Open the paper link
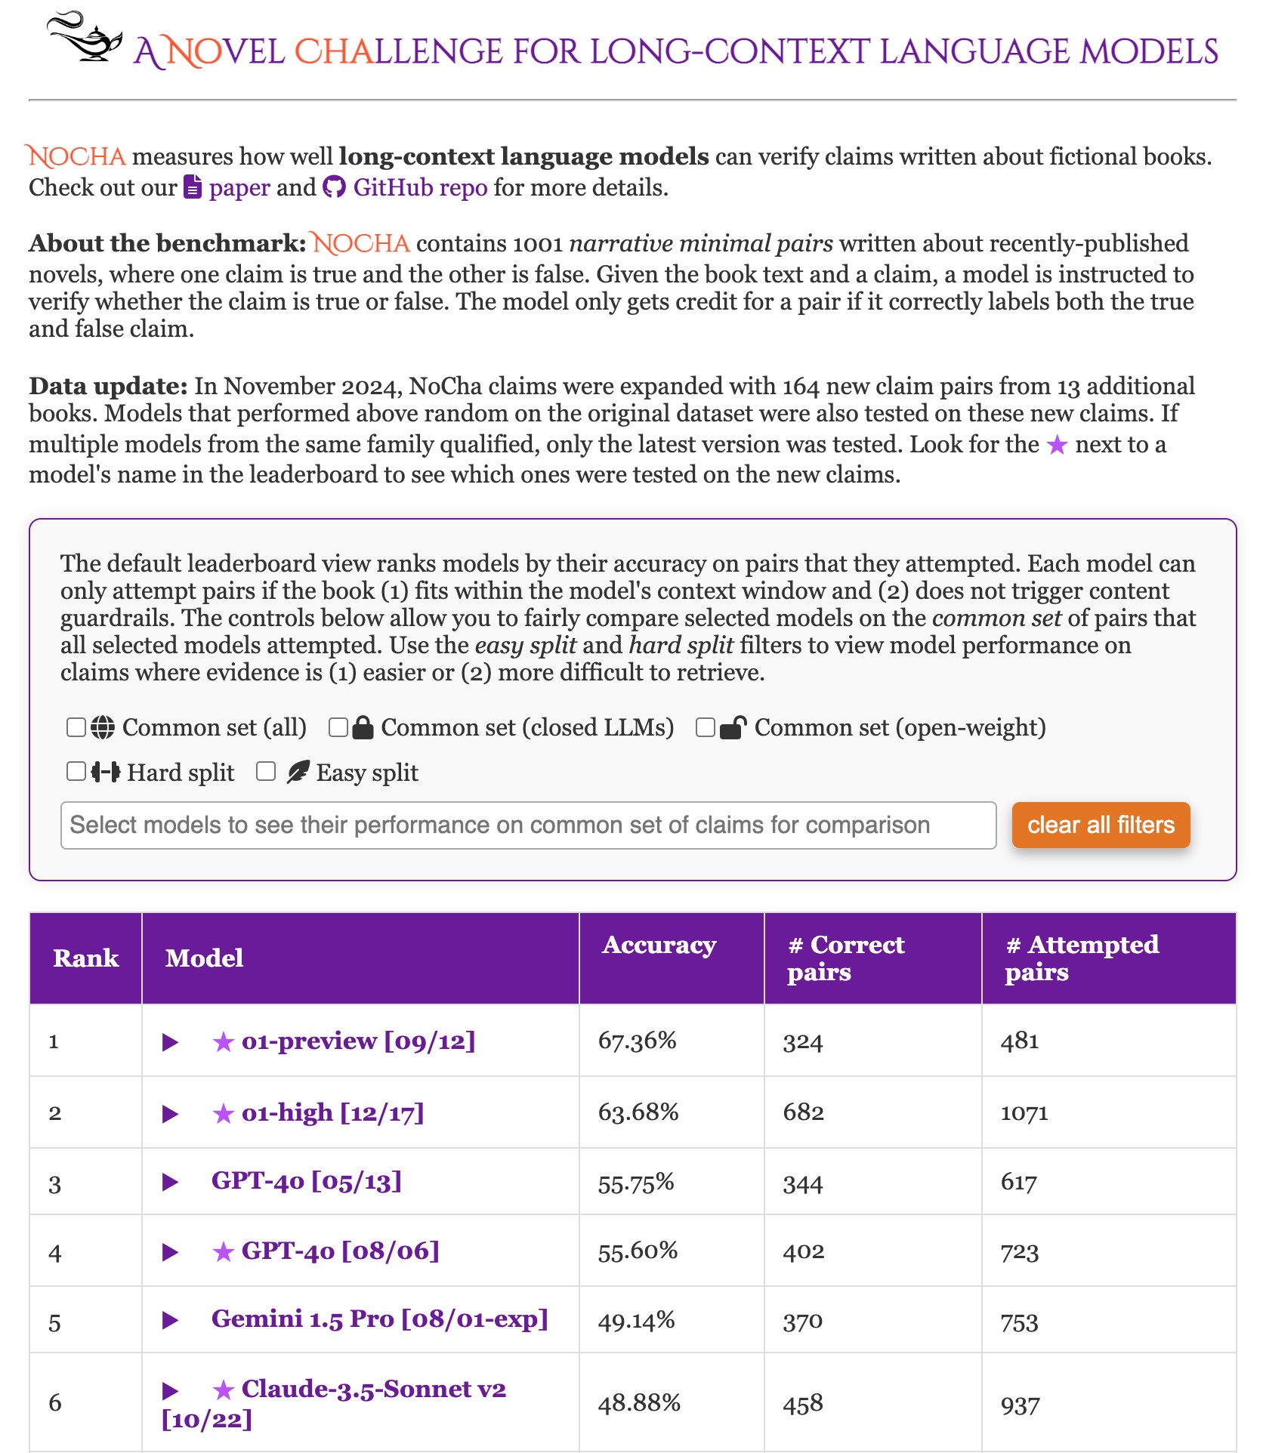(x=239, y=187)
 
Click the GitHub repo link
(x=420, y=187)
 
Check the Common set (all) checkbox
(x=76, y=727)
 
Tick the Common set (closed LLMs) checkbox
(x=338, y=727)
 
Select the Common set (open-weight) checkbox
(x=706, y=727)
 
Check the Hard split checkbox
(x=76, y=771)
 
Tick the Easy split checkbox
(x=266, y=771)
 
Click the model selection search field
(x=528, y=825)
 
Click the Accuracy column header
(x=659, y=946)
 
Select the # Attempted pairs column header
(x=1082, y=958)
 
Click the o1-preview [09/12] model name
(x=358, y=1041)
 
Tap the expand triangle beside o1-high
(x=171, y=1114)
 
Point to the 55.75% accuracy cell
(x=636, y=1183)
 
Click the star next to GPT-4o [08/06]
(x=223, y=1253)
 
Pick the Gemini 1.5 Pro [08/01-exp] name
(x=379, y=1319)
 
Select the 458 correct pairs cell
(x=802, y=1404)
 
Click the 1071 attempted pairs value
(x=1024, y=1113)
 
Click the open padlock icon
(x=733, y=727)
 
